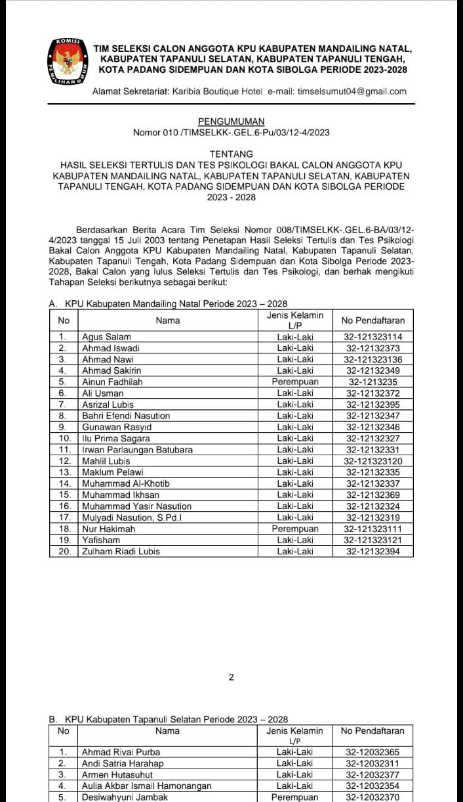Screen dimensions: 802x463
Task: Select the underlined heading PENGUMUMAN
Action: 231,122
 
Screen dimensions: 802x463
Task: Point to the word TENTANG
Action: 231,154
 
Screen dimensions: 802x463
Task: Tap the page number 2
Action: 231,678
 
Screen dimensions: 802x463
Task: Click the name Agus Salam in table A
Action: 106,337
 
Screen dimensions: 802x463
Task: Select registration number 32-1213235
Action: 372,382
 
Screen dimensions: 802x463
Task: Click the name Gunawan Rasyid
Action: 116,427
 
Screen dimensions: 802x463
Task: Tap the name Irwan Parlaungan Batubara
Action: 137,450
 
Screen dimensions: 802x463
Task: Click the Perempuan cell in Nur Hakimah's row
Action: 295,529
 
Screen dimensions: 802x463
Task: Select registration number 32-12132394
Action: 372,551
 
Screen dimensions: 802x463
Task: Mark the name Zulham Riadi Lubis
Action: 121,551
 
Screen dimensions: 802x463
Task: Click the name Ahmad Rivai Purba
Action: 121,752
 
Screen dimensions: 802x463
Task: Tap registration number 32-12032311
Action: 372,763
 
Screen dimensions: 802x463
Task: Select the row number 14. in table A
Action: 64,483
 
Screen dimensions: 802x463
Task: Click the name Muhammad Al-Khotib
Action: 126,483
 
